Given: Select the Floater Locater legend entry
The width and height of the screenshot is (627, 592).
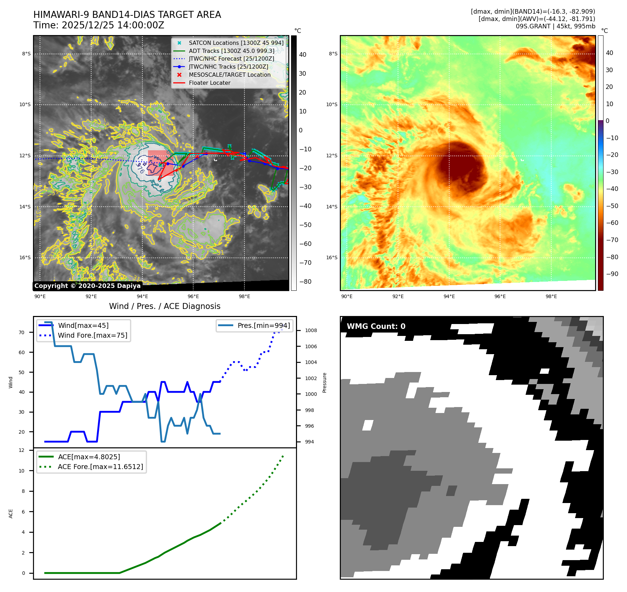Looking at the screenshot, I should click(209, 83).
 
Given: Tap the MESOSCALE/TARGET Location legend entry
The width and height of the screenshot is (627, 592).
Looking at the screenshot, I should click(229, 75).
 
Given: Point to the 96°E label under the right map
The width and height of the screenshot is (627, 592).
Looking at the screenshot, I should click(500, 296).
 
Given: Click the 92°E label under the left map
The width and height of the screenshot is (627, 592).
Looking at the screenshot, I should click(91, 296).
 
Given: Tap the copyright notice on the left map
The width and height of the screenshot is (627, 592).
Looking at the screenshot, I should click(87, 286).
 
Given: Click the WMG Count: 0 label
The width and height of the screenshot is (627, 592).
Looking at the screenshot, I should click(376, 326).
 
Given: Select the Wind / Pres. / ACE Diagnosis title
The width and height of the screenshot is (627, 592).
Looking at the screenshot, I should click(164, 306).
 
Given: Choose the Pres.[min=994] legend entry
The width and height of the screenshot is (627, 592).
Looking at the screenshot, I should click(263, 326).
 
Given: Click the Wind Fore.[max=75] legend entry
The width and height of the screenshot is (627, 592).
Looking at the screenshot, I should click(93, 336).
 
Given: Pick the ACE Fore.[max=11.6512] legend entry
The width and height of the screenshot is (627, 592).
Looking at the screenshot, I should click(100, 467).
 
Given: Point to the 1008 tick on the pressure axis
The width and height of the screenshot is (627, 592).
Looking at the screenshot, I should click(311, 330).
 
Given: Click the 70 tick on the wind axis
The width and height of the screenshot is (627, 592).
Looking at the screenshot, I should click(22, 332).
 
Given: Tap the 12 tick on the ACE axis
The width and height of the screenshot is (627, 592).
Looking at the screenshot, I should click(22, 450).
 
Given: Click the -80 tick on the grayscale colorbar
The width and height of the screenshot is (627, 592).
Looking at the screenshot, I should click(305, 282).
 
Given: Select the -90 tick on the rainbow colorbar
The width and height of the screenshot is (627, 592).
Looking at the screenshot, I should click(612, 274).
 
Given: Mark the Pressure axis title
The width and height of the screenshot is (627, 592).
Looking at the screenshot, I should click(325, 383).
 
